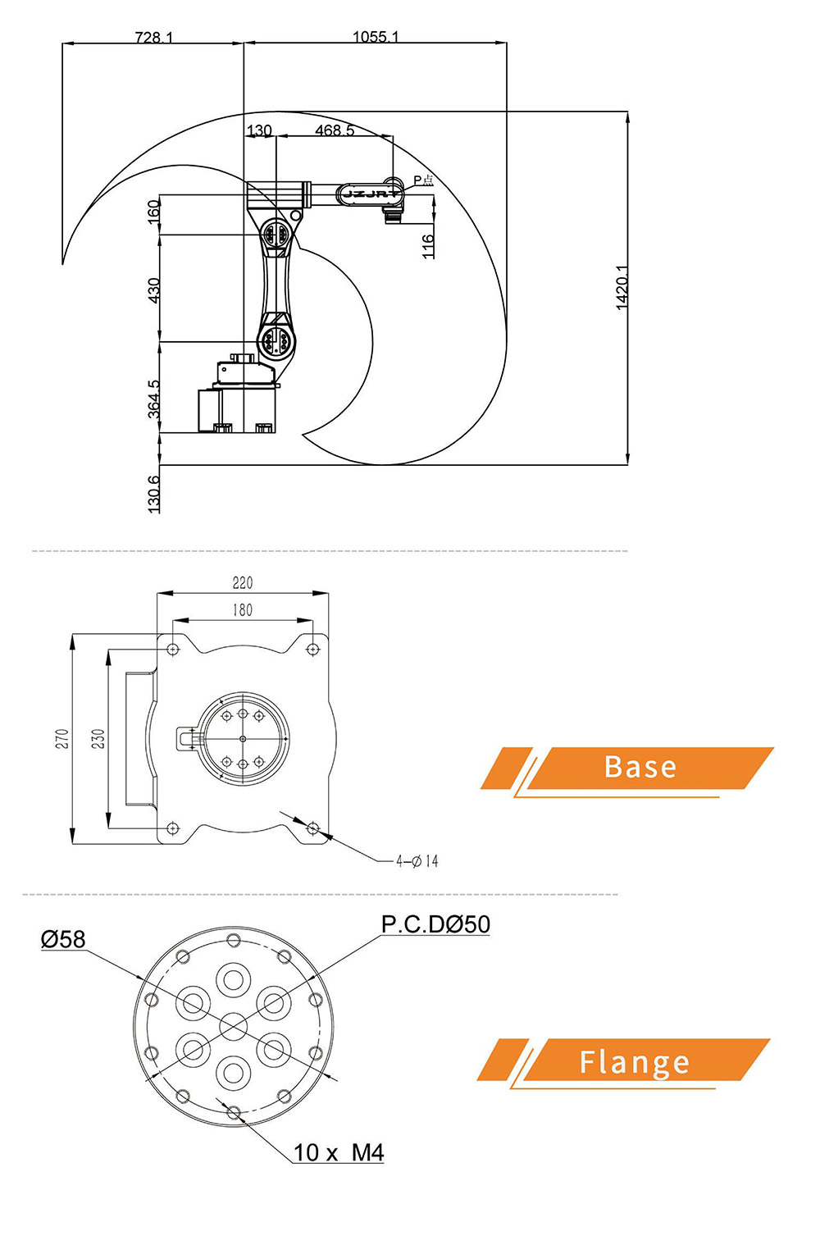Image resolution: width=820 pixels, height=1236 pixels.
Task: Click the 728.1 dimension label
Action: click(153, 37)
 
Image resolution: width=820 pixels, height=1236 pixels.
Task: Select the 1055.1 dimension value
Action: click(375, 36)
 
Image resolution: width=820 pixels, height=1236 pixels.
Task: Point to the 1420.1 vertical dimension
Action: click(622, 287)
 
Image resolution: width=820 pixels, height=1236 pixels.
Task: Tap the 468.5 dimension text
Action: click(335, 130)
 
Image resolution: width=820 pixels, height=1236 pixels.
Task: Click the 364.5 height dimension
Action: click(154, 399)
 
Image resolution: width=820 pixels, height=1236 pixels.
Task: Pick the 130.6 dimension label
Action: click(154, 494)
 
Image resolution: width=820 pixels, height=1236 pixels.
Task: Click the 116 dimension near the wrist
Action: click(428, 246)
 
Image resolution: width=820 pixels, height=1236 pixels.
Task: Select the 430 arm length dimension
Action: click(154, 290)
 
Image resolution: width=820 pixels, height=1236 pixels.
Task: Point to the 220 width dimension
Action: click(243, 583)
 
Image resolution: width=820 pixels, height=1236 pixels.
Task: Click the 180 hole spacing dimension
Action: click(243, 610)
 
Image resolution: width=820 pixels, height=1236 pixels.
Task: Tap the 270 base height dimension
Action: click(62, 738)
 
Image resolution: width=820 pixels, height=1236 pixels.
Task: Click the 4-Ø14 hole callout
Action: click(417, 861)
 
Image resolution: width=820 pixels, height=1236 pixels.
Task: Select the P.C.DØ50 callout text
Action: click(435, 924)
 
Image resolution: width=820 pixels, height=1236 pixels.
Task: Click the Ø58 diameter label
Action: click(63, 939)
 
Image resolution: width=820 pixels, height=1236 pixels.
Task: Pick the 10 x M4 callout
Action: click(339, 1152)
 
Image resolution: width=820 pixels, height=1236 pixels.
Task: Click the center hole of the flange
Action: click(234, 1025)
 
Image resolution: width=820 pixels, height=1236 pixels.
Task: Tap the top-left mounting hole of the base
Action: click(172, 650)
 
